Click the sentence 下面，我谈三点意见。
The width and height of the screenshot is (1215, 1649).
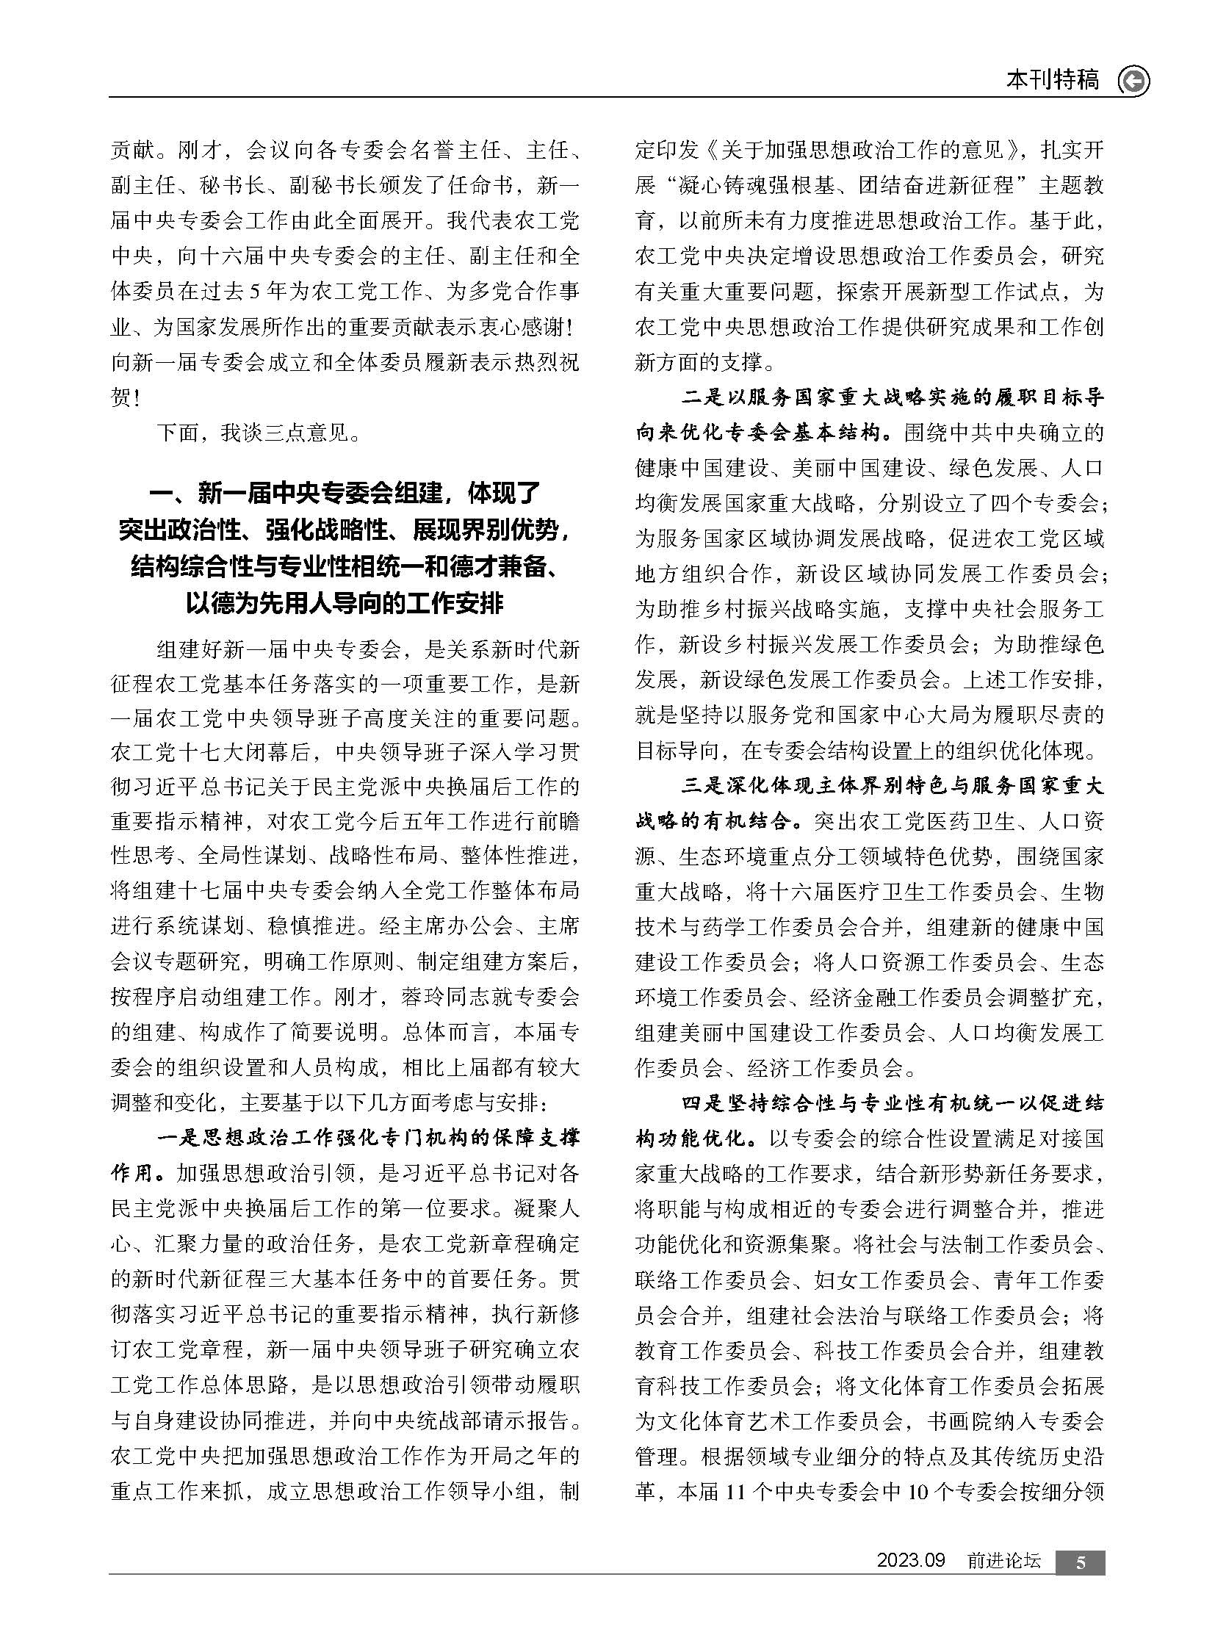click(260, 433)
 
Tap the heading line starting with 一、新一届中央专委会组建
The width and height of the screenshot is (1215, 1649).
click(345, 494)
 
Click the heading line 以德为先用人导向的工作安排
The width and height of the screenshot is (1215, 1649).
click(345, 604)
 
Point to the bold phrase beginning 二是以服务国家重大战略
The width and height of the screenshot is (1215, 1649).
click(893, 398)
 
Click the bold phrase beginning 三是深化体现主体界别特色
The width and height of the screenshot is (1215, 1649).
click(893, 786)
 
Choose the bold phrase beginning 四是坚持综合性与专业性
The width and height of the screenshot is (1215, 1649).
click(893, 1104)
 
